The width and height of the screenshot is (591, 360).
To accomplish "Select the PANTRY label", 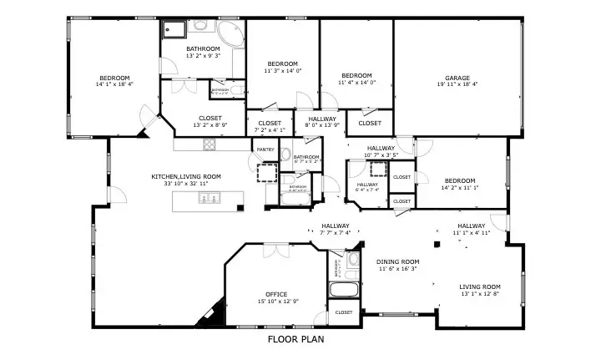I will point(265,150).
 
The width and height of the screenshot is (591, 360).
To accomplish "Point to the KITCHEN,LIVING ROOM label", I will point(185,176).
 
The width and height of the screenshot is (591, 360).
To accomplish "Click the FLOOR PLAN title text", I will point(295,340).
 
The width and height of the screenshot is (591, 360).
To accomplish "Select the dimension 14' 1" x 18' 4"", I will point(114,84).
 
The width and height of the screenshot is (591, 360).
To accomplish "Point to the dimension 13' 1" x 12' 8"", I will point(479,294).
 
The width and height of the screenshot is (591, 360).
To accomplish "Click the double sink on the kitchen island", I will point(208,199).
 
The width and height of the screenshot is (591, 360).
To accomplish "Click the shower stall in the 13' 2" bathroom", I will point(174,31).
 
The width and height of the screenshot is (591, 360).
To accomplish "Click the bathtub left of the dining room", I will point(343,292).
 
